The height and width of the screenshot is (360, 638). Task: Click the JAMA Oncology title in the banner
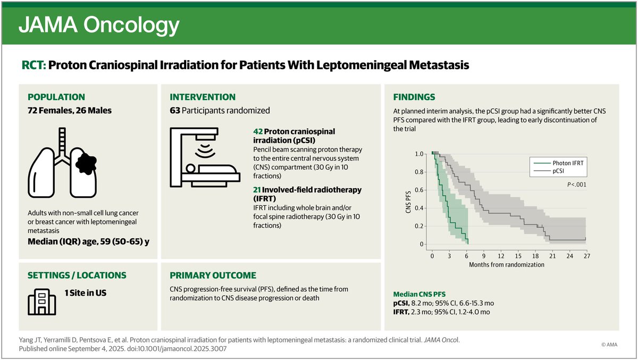coord(99,25)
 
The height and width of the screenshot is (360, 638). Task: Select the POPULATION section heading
coord(56,97)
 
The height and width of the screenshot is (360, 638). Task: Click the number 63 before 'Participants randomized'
coord(175,111)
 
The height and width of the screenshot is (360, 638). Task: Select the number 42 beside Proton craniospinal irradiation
coord(258,131)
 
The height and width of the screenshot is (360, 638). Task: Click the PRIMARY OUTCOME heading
coord(213,275)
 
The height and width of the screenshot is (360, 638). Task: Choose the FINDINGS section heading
coord(414,97)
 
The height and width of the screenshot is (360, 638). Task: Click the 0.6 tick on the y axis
coord(419,190)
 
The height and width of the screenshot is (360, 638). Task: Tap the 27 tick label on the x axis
coord(585,255)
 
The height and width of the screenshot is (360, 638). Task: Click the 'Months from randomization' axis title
coord(507,264)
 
